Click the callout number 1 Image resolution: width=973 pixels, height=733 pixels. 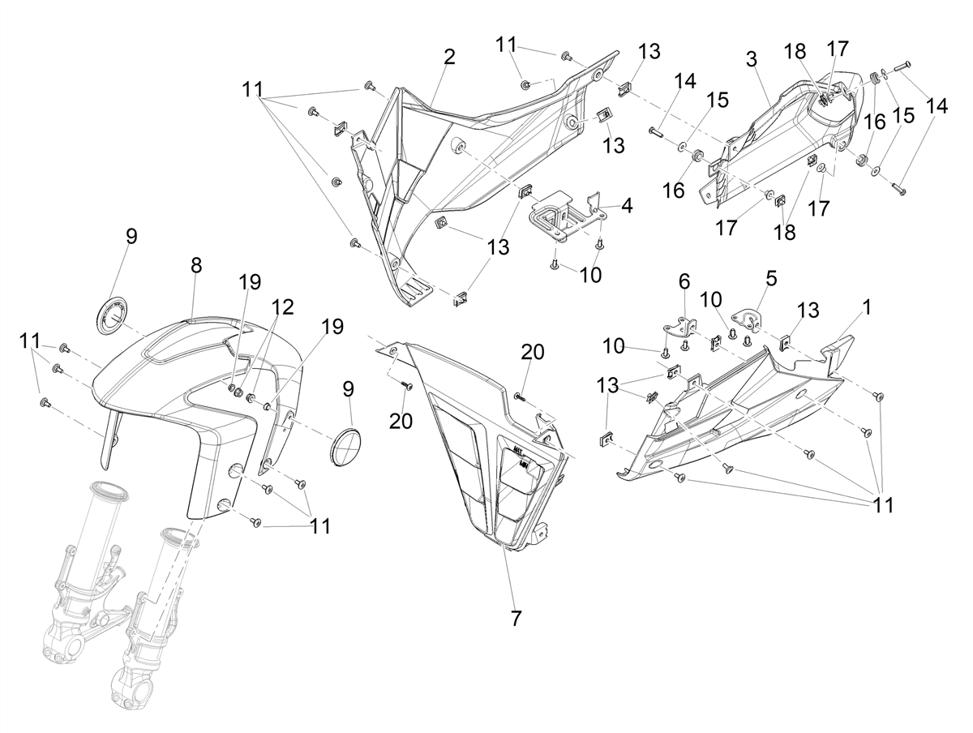pos(867,307)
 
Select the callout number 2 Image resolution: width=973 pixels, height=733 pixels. pos(449,58)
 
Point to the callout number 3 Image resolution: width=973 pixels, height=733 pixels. pos(752,59)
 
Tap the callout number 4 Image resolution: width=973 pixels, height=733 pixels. pos(627,205)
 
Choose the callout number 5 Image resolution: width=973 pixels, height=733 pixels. pos(771,278)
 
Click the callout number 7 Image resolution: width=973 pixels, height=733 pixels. pos(516,618)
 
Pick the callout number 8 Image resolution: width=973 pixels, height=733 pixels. pos(196,265)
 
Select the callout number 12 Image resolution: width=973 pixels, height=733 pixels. pos(283,306)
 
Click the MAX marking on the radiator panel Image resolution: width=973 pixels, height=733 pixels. pos(517,450)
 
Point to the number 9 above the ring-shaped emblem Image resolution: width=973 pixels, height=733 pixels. pos(131,236)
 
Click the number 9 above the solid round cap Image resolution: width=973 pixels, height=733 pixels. pos(349,389)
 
